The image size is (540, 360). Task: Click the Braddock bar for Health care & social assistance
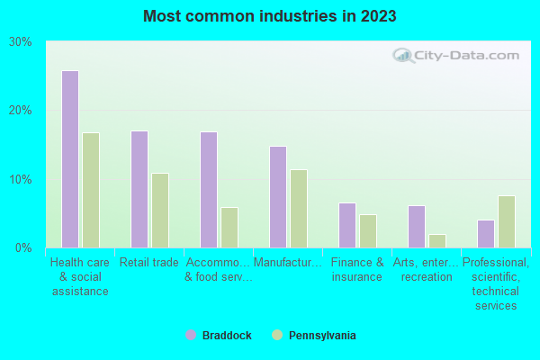pos(69,159)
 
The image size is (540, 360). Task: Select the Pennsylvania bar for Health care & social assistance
pos(91,190)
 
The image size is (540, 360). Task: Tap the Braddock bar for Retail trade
pos(139,189)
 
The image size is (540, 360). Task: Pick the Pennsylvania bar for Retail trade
pos(160,211)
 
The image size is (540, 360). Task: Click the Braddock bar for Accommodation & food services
pos(208,190)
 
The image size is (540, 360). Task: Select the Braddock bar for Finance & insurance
pos(346,225)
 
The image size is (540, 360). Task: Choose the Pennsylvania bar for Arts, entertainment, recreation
pos(437,240)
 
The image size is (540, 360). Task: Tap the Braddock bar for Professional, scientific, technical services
pos(485,233)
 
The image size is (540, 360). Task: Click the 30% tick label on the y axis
pos(21,42)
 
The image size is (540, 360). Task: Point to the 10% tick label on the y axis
pos(21,179)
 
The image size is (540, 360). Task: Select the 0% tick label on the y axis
pos(24,247)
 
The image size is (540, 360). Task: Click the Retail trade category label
pos(149,263)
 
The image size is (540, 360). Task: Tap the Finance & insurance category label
pos(357,270)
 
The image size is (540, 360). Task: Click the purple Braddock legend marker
pos(190,336)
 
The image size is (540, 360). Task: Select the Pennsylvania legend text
pos(322,336)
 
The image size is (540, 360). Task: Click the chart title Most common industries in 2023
pos(269,16)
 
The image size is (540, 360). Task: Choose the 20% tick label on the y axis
pos(21,111)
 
